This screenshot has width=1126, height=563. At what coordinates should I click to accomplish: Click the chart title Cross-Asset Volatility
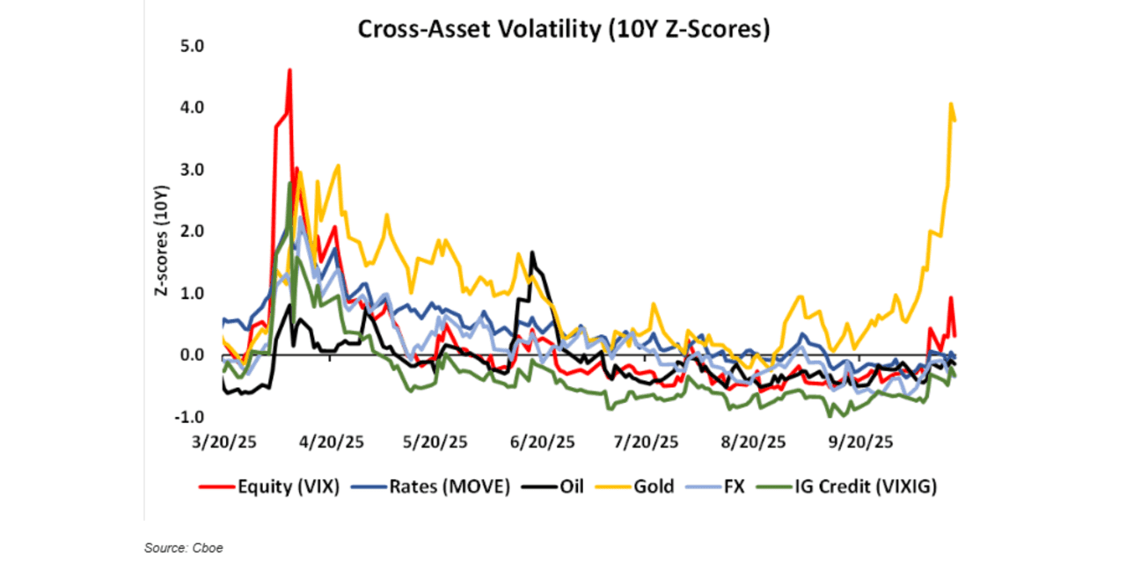click(x=563, y=30)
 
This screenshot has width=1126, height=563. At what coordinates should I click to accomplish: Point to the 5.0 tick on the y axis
click(x=203, y=46)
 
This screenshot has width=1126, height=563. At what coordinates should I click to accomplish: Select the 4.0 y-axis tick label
click(x=203, y=107)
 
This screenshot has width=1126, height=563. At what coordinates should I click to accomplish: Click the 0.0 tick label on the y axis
click(x=203, y=355)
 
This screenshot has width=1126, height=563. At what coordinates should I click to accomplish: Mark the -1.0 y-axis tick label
click(x=201, y=417)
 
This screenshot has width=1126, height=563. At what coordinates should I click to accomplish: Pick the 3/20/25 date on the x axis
click(x=226, y=442)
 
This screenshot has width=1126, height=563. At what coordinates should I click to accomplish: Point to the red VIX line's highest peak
click(x=289, y=69)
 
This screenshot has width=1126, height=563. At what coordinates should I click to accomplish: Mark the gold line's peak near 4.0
click(x=951, y=104)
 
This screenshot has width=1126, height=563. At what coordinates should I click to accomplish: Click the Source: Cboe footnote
click(x=184, y=548)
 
